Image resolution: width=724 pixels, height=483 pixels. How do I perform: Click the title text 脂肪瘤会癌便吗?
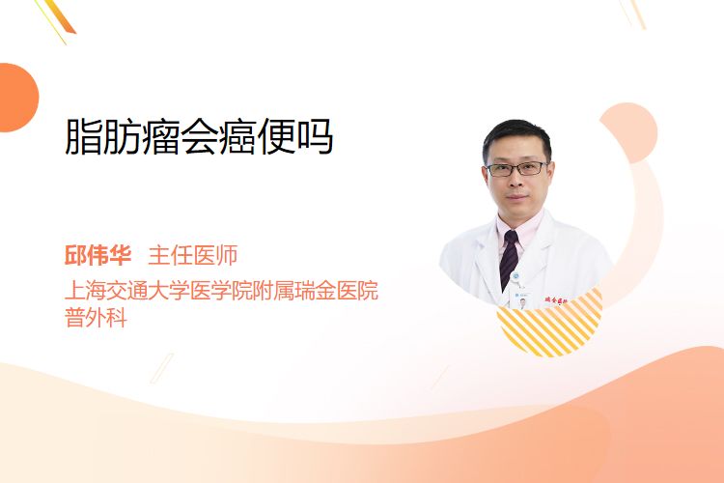(x=199, y=137)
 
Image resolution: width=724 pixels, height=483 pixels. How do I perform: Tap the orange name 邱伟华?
(x=97, y=255)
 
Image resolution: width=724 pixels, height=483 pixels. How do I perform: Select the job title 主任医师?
(x=193, y=255)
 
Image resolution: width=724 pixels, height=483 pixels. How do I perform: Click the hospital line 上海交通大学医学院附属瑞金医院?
(x=222, y=290)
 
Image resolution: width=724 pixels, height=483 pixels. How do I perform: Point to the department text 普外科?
(x=96, y=317)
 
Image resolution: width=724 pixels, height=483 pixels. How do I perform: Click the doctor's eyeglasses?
(x=517, y=169)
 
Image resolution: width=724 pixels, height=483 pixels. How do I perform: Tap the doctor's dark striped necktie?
(x=510, y=260)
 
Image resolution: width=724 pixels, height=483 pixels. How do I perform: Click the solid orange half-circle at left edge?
(x=17, y=98)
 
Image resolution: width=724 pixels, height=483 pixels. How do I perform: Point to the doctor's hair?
(x=517, y=137)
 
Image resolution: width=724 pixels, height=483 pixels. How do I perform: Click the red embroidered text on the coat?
(x=556, y=300)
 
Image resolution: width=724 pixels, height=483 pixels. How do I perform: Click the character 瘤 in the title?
(x=161, y=137)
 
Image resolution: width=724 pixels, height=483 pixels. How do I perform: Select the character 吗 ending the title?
(x=315, y=137)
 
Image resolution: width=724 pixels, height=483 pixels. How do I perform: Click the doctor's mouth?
(x=517, y=197)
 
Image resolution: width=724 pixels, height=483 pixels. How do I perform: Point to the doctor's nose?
(x=516, y=181)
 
